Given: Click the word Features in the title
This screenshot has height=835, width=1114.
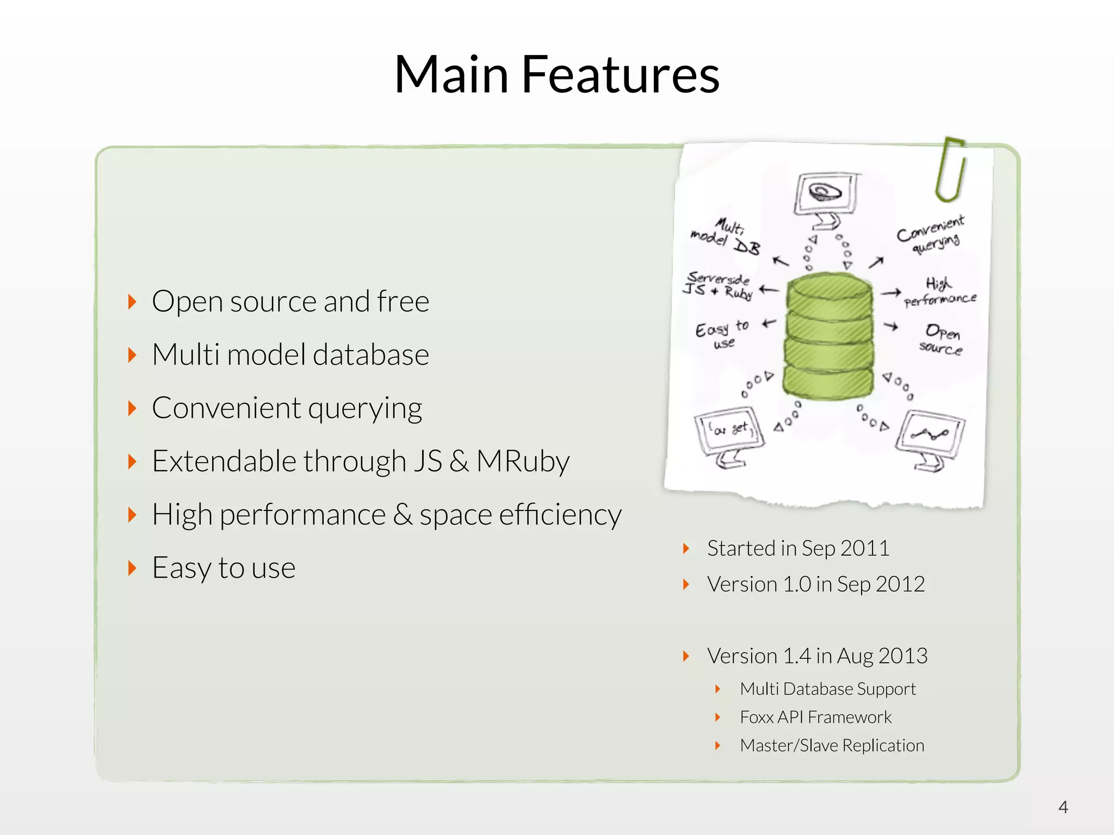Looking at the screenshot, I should [x=620, y=75].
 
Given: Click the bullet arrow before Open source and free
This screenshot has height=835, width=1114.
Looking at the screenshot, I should [x=132, y=302].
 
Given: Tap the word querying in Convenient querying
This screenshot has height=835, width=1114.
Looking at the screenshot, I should [x=365, y=409].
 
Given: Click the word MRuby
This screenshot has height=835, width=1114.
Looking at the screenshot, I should [x=523, y=462].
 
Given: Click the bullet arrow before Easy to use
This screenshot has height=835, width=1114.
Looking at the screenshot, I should [x=132, y=568].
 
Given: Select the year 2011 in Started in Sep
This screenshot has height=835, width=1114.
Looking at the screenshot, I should [x=865, y=549].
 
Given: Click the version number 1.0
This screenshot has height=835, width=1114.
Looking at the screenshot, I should [x=797, y=584].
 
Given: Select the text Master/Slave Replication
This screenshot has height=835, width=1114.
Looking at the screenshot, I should [x=832, y=746].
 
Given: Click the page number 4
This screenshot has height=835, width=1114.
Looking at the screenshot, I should [x=1063, y=807].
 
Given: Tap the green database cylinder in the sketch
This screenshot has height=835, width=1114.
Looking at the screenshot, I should [x=828, y=337].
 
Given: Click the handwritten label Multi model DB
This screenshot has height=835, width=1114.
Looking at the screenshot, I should [x=726, y=237].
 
